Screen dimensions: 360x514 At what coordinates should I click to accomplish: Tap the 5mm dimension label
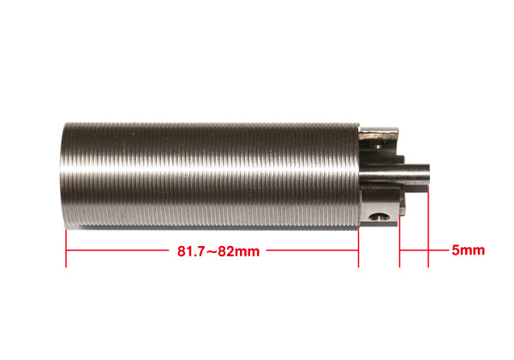(468, 251)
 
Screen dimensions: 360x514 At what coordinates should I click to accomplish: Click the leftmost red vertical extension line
(66, 249)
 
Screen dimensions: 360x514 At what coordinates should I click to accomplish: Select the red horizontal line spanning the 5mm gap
(414, 251)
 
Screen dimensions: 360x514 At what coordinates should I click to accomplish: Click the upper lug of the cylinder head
(382, 137)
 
